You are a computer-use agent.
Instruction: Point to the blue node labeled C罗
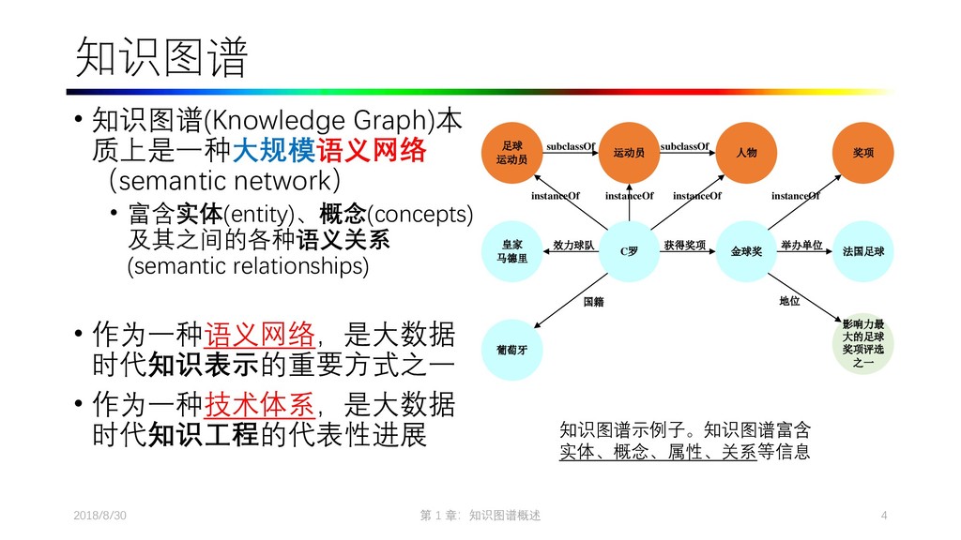pyautogui.click(x=629, y=251)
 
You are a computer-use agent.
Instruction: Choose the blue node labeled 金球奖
pyautogui.click(x=746, y=251)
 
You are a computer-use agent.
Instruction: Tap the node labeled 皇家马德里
pyautogui.click(x=511, y=251)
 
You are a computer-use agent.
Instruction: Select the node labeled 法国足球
pyautogui.click(x=863, y=251)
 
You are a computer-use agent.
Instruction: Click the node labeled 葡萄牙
pyautogui.click(x=511, y=350)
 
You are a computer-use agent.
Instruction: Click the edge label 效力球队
pyautogui.click(x=573, y=246)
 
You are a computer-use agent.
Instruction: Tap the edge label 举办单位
pyautogui.click(x=801, y=246)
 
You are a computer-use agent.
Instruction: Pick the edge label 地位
pyautogui.click(x=789, y=303)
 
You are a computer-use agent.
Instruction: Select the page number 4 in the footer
pyautogui.click(x=884, y=517)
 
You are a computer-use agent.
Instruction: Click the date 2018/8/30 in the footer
pyautogui.click(x=100, y=517)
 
